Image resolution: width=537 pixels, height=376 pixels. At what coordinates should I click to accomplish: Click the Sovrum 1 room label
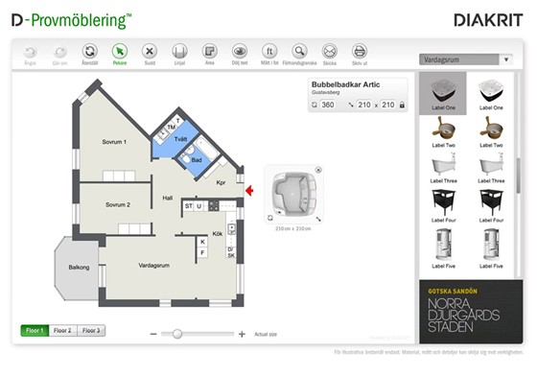pos(114,142)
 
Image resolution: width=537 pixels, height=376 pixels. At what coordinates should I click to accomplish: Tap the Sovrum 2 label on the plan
pos(118,204)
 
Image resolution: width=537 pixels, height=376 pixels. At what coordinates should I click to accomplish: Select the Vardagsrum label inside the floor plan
pos(154,265)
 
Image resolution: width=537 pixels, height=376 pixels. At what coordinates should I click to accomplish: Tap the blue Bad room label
pos(196,160)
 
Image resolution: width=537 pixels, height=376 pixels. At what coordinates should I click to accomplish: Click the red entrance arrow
pos(249,191)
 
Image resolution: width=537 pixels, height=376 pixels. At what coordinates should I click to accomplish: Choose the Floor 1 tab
pos(35,330)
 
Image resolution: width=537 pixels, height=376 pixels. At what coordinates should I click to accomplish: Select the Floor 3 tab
pos(91,330)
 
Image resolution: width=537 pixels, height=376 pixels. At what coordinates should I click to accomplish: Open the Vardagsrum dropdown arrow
pos(506,59)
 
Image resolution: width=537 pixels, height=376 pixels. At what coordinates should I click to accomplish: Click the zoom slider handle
pos(176,333)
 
